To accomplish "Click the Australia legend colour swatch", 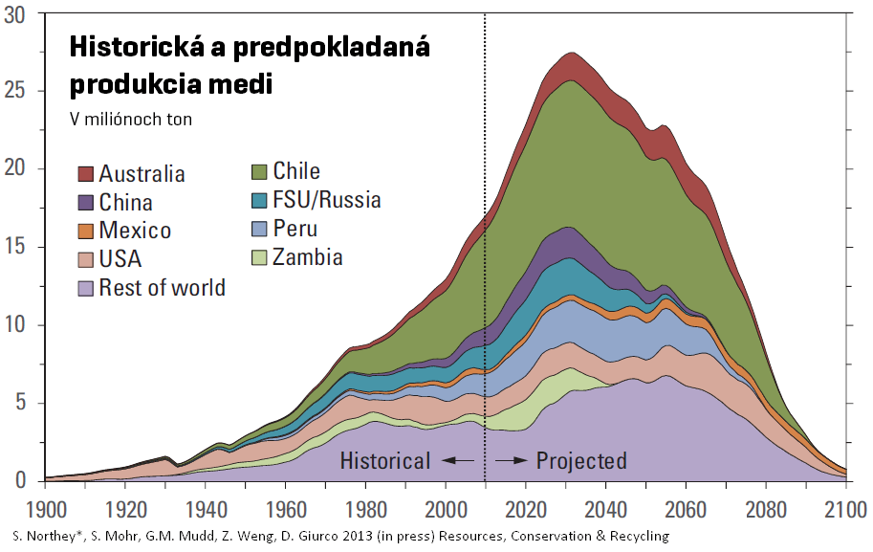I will tap(85, 174).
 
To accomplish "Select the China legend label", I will tap(125, 203).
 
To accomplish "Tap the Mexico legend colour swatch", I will tap(85, 232).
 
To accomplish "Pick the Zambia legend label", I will tap(307, 257).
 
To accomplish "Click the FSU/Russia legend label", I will tap(326, 200).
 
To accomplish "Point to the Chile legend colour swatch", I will tap(258, 172).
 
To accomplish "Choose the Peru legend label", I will tap(295, 229).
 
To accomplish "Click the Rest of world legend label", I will tap(162, 288).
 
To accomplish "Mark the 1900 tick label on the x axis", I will tap(45, 506).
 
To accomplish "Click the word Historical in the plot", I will tap(384, 461).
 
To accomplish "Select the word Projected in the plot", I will tap(581, 461).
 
